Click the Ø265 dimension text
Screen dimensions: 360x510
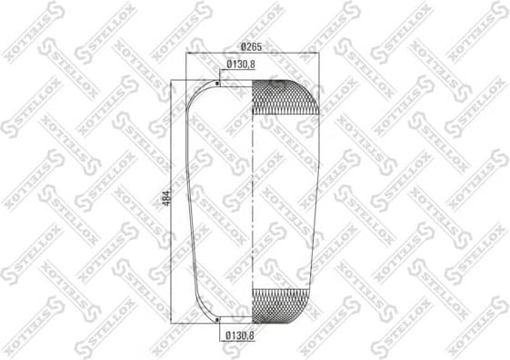pyautogui.click(x=252, y=47)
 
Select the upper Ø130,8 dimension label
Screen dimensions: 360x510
pyautogui.click(x=239, y=64)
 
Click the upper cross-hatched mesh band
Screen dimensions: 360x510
pyautogui.click(x=285, y=95)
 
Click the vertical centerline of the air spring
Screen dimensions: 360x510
pyautogui.click(x=252, y=200)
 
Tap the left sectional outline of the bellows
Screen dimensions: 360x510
pyautogui.click(x=194, y=200)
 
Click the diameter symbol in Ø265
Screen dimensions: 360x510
pyautogui.click(x=243, y=47)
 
